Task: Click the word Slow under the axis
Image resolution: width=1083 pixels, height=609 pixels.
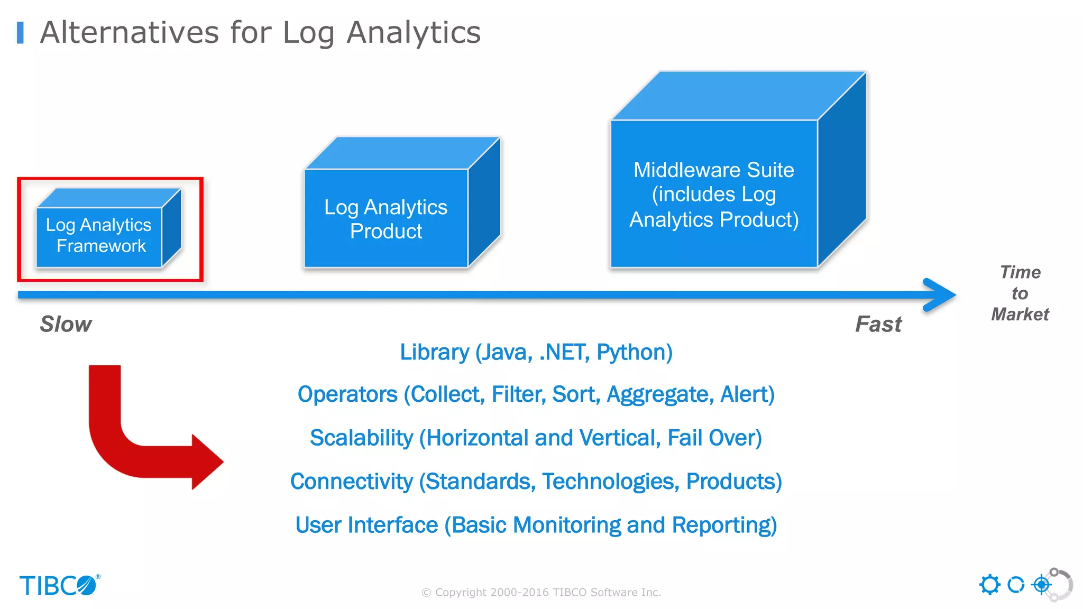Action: (66, 324)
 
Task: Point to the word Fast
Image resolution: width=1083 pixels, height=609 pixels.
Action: (878, 324)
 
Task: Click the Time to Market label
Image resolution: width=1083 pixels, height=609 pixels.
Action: (1020, 293)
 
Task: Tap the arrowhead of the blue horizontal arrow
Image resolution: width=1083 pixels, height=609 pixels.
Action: (941, 294)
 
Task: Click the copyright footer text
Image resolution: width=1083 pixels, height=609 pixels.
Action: (541, 592)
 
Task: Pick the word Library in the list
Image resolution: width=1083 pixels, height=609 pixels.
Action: (434, 353)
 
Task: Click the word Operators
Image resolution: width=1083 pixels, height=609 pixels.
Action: (347, 395)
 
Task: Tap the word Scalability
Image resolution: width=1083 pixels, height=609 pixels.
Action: (361, 438)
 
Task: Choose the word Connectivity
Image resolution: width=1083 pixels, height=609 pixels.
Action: (352, 482)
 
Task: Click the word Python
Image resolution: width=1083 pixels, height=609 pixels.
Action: (634, 353)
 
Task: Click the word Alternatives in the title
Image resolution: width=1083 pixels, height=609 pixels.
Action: (130, 32)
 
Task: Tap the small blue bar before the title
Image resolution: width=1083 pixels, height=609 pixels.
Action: (20, 33)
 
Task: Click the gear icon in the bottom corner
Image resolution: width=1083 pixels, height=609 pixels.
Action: (989, 585)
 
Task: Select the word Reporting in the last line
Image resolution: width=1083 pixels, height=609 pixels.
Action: (724, 525)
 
